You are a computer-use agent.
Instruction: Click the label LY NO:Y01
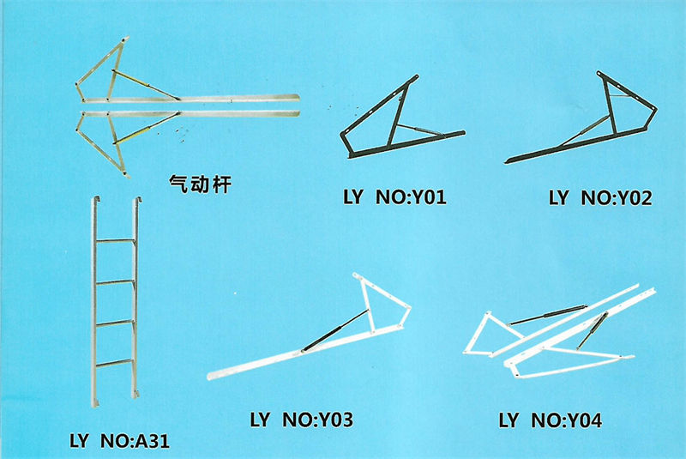pyautogui.click(x=394, y=199)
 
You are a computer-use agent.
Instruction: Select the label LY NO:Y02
pyautogui.click(x=600, y=199)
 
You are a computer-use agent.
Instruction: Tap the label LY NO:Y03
pyautogui.click(x=301, y=420)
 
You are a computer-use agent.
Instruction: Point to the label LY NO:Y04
pyautogui.click(x=551, y=420)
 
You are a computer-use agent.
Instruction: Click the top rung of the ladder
pyautogui.click(x=115, y=241)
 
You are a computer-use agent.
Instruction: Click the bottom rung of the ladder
pyautogui.click(x=115, y=363)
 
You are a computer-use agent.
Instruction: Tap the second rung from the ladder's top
pyautogui.click(x=115, y=281)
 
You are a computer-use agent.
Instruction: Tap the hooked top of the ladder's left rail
pyautogui.click(x=94, y=202)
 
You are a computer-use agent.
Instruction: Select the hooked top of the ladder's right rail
pyautogui.click(x=135, y=202)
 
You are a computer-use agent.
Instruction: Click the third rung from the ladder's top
pyautogui.click(x=115, y=323)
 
